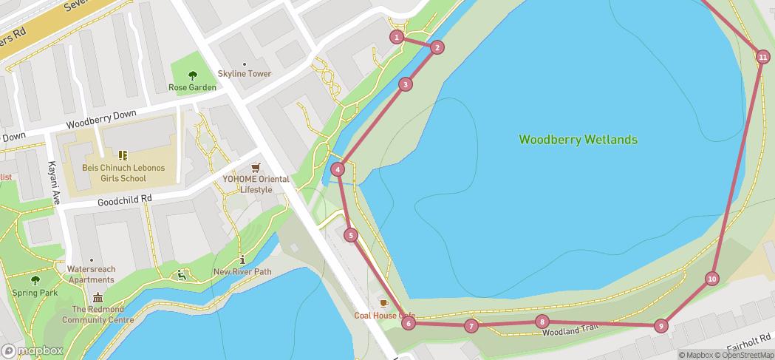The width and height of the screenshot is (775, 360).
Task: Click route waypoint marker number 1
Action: [x=397, y=37]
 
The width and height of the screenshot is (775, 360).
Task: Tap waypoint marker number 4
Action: [x=338, y=169]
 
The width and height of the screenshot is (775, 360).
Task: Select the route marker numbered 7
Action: [x=471, y=326]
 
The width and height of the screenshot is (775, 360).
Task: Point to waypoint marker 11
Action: [x=762, y=57]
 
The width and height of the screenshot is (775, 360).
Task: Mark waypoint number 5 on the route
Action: [x=352, y=235]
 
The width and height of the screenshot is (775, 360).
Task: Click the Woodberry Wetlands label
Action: [x=578, y=139]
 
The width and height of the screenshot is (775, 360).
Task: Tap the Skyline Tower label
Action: [x=245, y=74]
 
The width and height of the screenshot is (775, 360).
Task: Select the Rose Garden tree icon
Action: [x=193, y=75]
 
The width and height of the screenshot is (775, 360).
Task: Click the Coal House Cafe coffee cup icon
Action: [x=383, y=303]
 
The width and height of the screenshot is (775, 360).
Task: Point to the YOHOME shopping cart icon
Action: [x=256, y=167]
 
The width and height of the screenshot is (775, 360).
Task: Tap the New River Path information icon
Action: [x=242, y=259]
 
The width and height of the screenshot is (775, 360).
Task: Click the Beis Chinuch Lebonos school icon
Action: [x=123, y=155]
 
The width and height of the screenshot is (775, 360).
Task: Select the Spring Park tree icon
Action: [x=35, y=280]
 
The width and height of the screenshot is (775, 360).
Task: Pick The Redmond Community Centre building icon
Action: [x=98, y=297]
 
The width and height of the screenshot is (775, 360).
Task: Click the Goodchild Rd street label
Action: [x=124, y=200]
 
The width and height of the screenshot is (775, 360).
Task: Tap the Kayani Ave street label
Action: [x=55, y=183]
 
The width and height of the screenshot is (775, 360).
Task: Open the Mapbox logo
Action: [x=33, y=350]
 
